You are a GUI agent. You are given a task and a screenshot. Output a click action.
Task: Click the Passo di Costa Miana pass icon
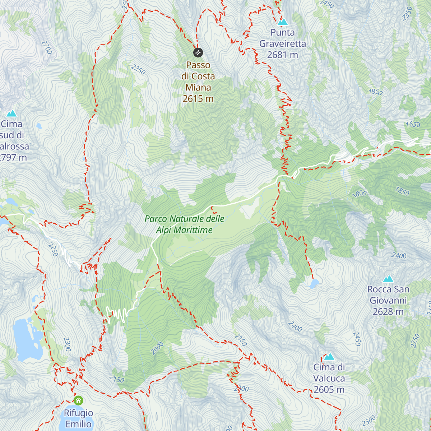tap(198, 53)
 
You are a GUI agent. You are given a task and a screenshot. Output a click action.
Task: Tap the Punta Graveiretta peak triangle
tap(283, 22)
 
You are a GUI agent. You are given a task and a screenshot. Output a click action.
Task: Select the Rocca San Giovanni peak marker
tap(388, 279)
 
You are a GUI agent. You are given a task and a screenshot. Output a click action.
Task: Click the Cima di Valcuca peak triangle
tap(329, 357)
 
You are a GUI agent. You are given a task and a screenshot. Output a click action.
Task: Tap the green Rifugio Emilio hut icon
tap(78, 400)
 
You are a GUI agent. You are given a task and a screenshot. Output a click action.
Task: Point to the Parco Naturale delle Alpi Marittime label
tap(184, 224)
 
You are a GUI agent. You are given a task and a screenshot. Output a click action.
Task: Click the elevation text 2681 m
tap(283, 55)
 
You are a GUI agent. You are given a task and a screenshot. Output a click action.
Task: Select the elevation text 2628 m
tap(388, 311)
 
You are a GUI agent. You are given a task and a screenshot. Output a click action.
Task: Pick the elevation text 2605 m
tap(329, 390)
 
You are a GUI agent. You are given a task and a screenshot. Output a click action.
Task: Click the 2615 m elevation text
tap(198, 98)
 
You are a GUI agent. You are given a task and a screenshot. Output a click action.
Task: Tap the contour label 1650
tap(412, 125)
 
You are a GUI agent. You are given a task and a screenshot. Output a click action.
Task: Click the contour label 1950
tap(375, 92)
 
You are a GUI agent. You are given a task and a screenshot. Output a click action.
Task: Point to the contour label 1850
tap(402, 191)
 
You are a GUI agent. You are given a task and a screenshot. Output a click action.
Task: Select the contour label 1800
tap(359, 194)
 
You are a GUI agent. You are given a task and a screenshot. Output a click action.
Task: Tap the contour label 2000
tap(157, 348)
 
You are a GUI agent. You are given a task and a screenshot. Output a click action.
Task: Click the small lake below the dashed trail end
tap(315, 284)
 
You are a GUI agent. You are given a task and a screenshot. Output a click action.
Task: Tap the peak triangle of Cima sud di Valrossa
tap(11, 114)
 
